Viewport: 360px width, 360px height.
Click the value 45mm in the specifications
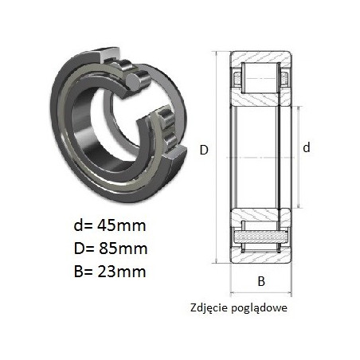(x=122, y=225)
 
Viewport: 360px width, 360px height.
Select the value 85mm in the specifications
(x=123, y=248)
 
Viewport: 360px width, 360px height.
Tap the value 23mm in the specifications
(x=122, y=272)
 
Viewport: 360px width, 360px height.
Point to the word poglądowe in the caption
(x=259, y=308)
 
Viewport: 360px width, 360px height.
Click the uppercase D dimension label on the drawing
(x=204, y=151)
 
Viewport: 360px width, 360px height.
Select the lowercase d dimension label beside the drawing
(x=307, y=147)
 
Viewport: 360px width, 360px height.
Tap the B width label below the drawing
(x=261, y=281)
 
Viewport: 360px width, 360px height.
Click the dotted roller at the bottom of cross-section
(x=260, y=237)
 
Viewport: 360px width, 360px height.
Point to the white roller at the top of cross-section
(x=260, y=78)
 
